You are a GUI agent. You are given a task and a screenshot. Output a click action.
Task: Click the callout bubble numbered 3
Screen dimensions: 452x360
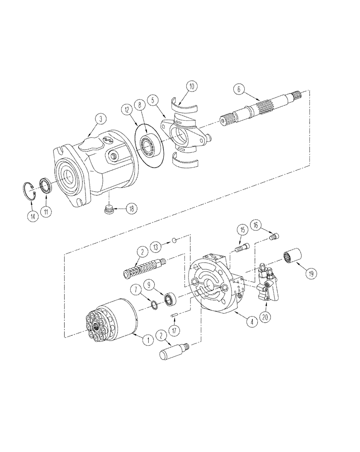coord(100,119)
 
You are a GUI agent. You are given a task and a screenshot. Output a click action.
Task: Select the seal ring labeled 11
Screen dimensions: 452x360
coord(45,186)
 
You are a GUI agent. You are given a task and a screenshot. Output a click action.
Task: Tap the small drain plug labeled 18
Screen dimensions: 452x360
coord(108,210)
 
